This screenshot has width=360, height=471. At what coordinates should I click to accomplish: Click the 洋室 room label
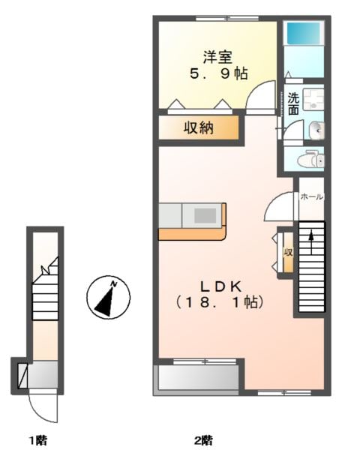(x=217, y=57)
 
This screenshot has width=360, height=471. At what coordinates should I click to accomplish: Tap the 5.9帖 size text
(x=219, y=73)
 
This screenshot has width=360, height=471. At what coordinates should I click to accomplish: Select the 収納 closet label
(x=199, y=128)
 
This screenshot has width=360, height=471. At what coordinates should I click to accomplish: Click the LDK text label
(x=220, y=287)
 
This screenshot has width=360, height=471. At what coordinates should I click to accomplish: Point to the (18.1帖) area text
(x=220, y=302)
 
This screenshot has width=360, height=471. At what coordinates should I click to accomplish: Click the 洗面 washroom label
(x=293, y=103)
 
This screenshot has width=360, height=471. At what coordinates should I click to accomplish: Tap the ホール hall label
(x=311, y=197)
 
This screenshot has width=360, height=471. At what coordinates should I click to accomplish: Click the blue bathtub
(x=304, y=33)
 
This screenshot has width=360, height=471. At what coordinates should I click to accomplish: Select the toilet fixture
(x=311, y=158)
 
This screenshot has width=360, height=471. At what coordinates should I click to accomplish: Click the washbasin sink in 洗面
(x=316, y=130)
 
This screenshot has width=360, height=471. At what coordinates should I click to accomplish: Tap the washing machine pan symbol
(x=313, y=100)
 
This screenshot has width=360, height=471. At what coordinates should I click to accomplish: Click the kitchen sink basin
(x=205, y=215)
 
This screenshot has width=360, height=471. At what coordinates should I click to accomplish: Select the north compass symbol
(x=109, y=298)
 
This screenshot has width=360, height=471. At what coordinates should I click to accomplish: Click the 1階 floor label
(x=37, y=441)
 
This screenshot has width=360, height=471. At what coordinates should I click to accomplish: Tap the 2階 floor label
(x=204, y=441)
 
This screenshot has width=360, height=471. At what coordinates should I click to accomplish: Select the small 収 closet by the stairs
(x=288, y=252)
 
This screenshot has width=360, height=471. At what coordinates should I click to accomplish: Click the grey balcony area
(x=198, y=377)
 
